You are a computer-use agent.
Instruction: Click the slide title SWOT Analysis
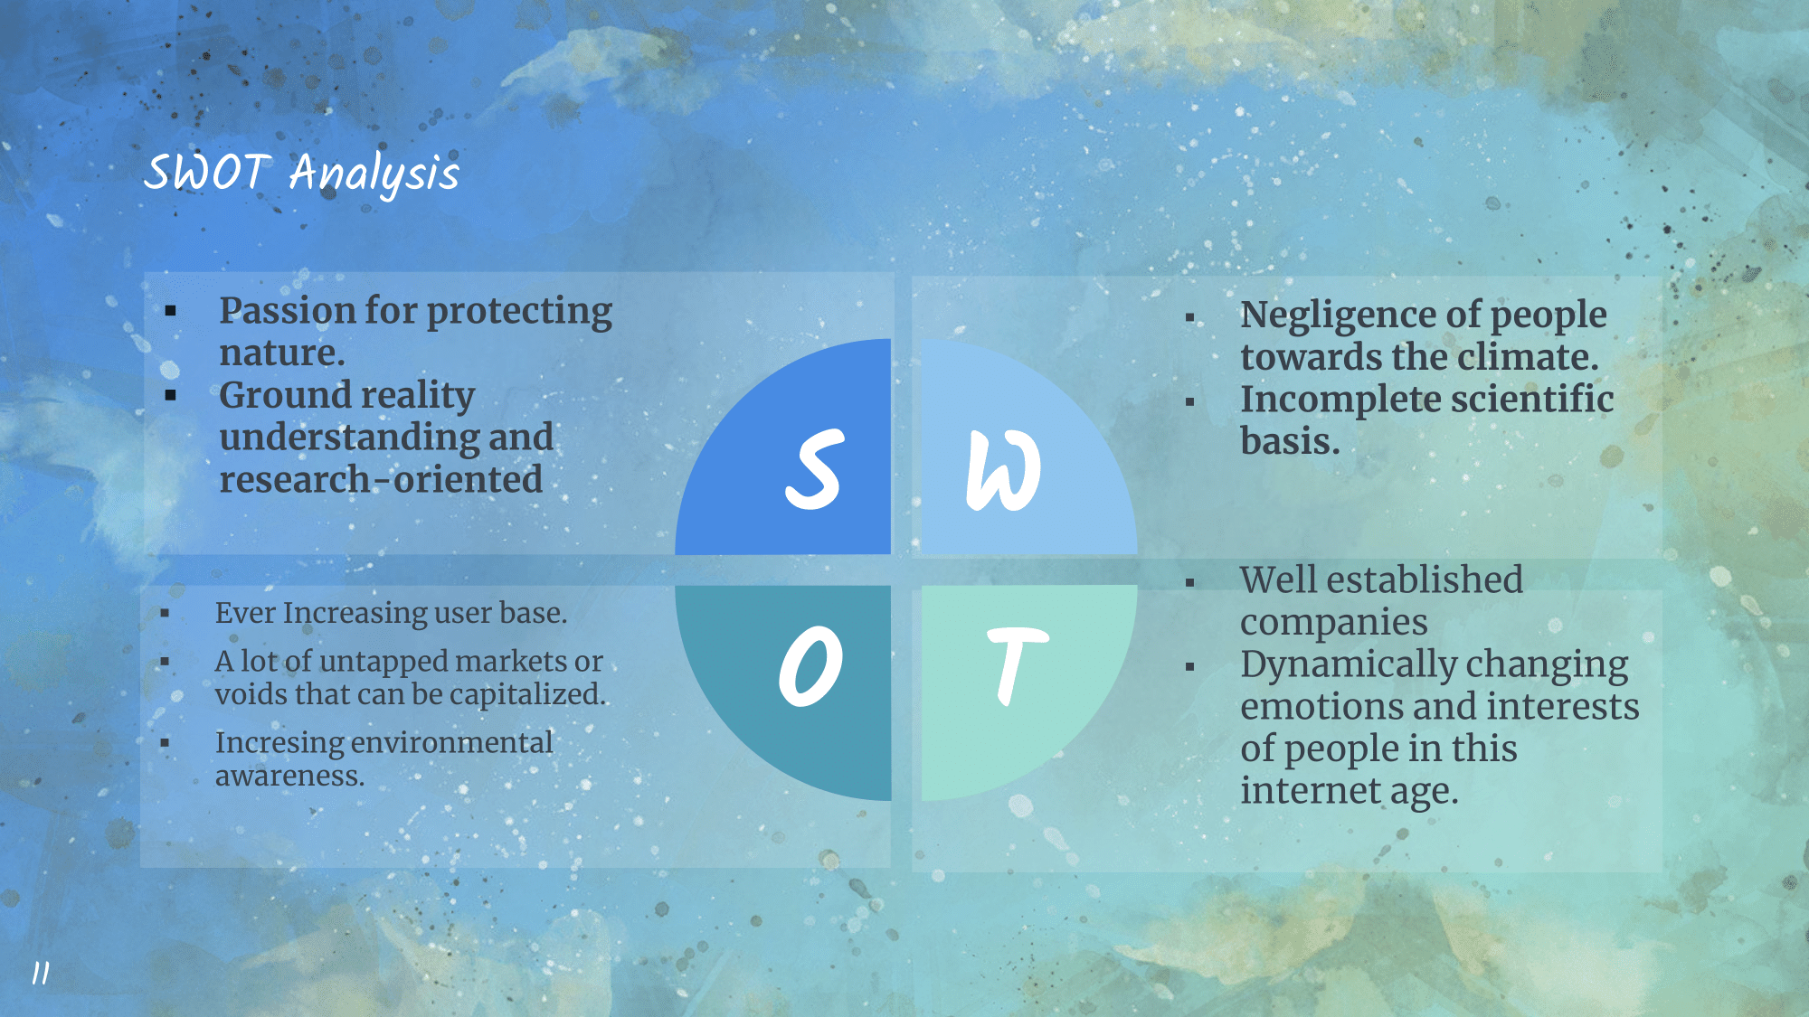(x=302, y=172)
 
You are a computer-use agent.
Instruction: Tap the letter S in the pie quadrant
(x=814, y=469)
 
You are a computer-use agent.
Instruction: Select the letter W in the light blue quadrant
(x=1003, y=470)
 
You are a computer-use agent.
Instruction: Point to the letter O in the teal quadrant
(x=810, y=665)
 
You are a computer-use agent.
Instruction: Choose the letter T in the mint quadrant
(x=1017, y=664)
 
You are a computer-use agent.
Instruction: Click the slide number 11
(x=41, y=973)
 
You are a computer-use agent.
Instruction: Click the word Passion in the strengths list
(x=288, y=311)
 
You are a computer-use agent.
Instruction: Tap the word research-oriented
(x=381, y=479)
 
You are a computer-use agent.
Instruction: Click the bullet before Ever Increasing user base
(x=165, y=614)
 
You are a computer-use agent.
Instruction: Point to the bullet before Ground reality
(x=171, y=395)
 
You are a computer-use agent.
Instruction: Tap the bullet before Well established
(x=1190, y=583)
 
